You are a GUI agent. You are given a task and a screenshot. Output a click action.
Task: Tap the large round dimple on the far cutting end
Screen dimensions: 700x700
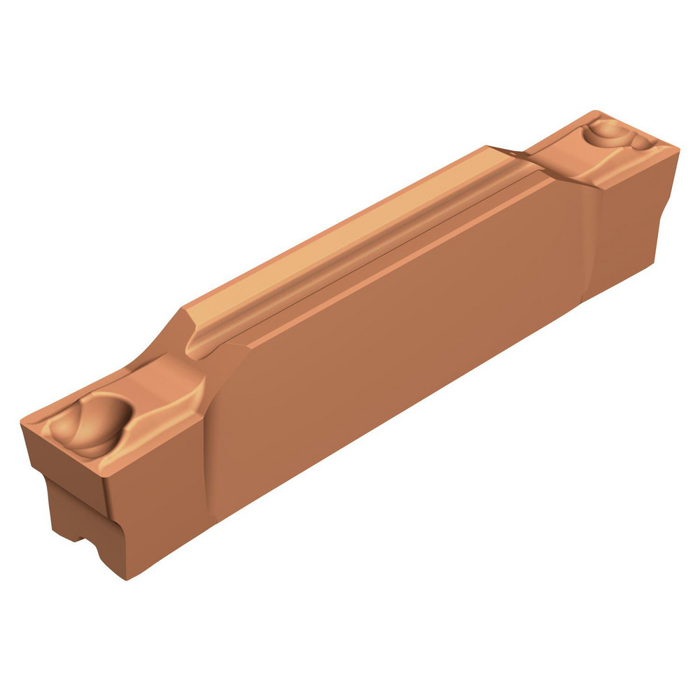[608, 132]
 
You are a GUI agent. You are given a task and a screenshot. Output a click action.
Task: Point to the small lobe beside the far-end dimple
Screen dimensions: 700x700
[639, 143]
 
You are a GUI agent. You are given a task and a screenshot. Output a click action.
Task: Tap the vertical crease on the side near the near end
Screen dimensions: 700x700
[210, 448]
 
